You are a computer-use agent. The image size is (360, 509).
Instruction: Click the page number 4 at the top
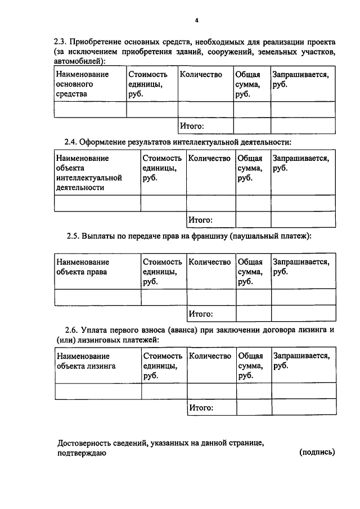coord(196,20)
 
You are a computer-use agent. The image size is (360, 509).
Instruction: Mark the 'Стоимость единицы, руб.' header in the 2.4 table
coord(162,168)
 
